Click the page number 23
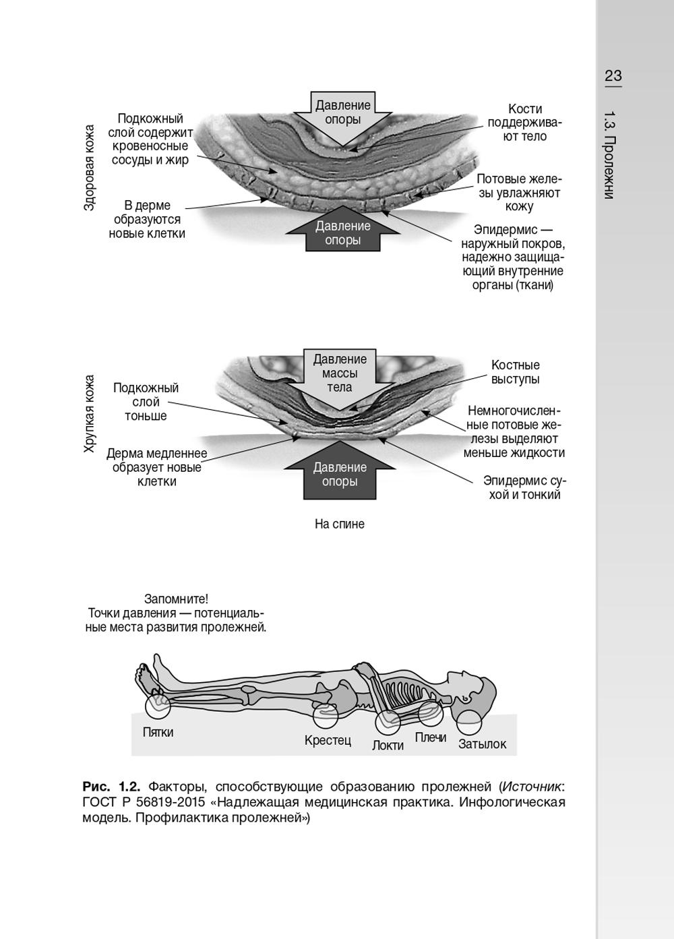click(613, 75)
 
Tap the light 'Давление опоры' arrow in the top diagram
click(342, 115)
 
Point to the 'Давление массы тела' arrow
click(340, 375)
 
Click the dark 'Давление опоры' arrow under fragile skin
click(339, 473)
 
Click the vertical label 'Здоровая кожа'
click(89, 167)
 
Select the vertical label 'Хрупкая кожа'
click(89, 413)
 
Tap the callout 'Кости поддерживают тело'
click(524, 123)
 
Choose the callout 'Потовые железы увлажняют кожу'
click(518, 193)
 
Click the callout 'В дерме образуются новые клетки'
click(147, 220)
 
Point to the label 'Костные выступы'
click(515, 372)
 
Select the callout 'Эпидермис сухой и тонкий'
click(524, 488)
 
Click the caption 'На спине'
click(339, 524)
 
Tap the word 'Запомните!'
click(176, 599)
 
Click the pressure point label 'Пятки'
click(158, 732)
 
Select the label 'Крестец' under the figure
click(328, 740)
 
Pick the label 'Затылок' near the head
click(482, 744)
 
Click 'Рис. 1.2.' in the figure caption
click(111, 786)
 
